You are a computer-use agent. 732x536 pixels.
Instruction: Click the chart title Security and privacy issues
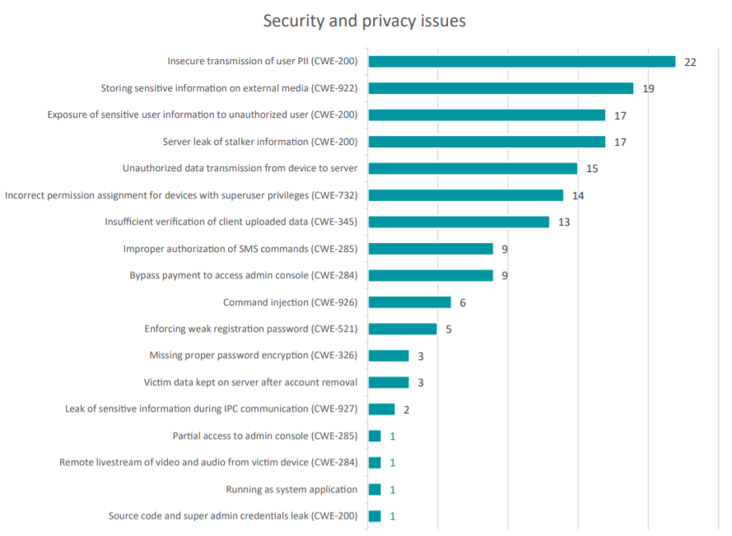364,21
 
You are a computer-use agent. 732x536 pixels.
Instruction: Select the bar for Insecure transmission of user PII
521,62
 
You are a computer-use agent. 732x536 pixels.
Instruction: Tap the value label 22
690,63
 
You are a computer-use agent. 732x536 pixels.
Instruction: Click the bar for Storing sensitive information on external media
501,88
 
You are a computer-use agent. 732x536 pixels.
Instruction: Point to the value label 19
648,89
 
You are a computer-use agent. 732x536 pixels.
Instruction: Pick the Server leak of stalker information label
259,142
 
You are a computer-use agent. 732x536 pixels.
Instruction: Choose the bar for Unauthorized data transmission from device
473,169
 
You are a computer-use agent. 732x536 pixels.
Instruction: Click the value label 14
578,196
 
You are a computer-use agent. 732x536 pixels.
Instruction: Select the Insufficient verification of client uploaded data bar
459,222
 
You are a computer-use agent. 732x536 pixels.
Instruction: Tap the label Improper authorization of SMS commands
240,249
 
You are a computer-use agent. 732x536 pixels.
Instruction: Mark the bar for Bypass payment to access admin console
431,276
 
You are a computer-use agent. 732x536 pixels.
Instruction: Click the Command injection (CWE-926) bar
409,302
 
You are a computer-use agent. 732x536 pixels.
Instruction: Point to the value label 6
463,303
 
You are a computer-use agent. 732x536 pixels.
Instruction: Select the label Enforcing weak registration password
250,329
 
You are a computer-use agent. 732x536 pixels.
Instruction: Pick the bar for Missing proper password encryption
389,356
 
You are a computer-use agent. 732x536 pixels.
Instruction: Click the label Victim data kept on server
250,382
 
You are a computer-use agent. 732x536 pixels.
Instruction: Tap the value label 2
407,410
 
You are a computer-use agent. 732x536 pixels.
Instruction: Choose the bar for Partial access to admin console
375,436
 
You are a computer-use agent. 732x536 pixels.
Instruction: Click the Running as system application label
291,489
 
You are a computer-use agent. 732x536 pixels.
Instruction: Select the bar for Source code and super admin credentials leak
375,516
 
